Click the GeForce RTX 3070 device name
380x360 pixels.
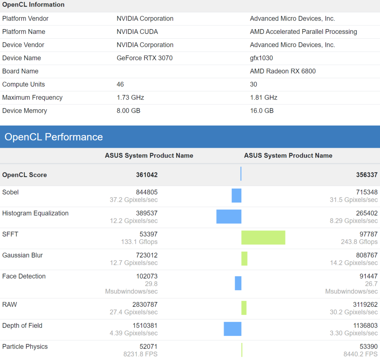click(144, 58)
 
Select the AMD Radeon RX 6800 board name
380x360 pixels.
click(282, 71)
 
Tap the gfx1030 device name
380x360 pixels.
click(261, 58)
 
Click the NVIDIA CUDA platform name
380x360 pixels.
click(137, 32)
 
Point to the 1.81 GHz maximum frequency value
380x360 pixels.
click(263, 98)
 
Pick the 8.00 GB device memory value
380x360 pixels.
click(128, 111)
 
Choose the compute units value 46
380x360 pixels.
click(120, 85)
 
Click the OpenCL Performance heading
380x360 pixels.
click(54, 137)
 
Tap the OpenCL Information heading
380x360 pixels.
click(33, 5)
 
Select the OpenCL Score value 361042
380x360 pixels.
click(147, 175)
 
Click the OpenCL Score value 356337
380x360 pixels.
click(367, 175)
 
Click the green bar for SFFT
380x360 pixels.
click(263, 238)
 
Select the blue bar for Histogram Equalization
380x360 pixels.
click(229, 216)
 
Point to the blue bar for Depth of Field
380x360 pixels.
click(232, 329)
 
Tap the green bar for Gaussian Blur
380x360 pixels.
click(244, 259)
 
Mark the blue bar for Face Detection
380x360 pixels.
click(238, 283)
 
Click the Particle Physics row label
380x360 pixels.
click(25, 347)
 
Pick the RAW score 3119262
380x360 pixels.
click(365, 305)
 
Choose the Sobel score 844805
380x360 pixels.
click(147, 192)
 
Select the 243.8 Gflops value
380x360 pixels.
click(359, 242)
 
